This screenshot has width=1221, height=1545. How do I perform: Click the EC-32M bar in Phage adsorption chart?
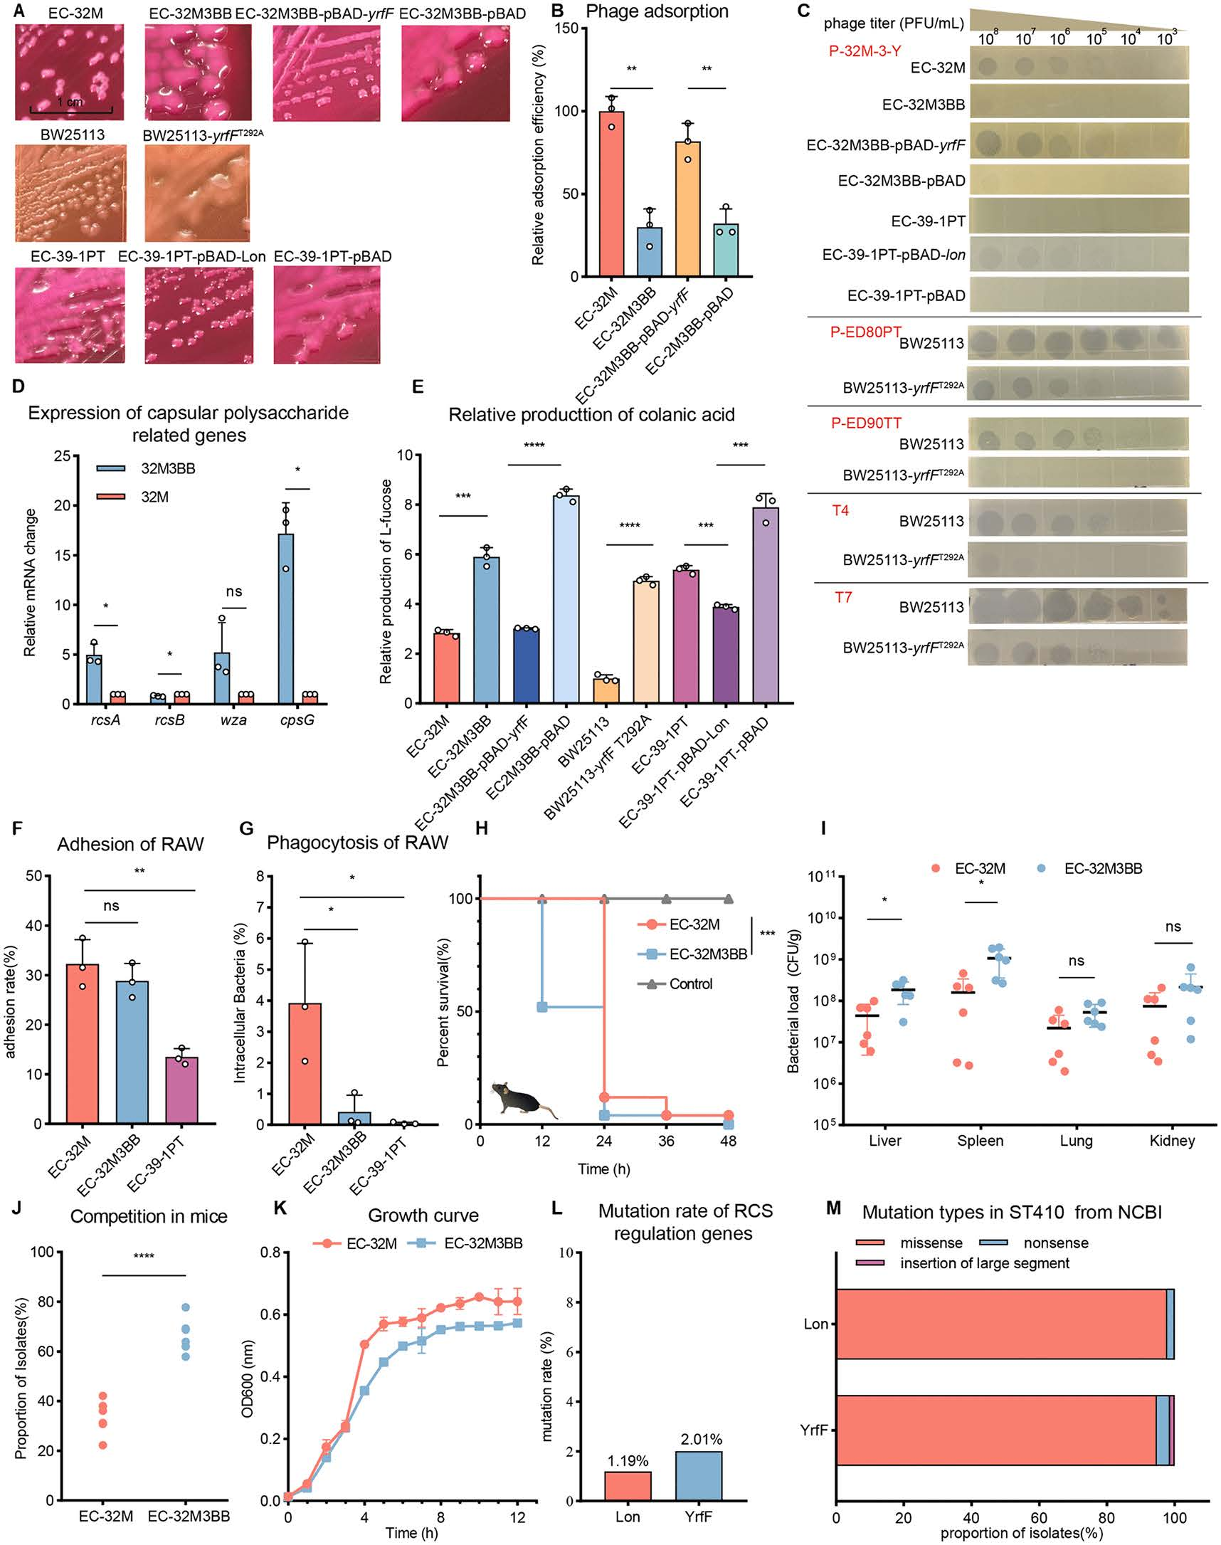[x=611, y=193]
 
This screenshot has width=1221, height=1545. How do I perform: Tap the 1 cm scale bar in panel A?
[x=70, y=110]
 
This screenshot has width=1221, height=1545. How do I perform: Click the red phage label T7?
[x=843, y=597]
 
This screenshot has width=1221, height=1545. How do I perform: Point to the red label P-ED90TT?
[x=866, y=423]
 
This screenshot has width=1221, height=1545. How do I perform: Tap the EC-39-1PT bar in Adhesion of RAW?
[x=181, y=1090]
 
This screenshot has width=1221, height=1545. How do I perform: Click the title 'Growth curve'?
[x=423, y=1216]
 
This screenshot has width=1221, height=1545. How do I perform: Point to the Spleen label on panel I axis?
[x=980, y=1141]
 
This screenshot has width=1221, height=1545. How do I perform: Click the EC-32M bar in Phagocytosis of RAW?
[x=305, y=1064]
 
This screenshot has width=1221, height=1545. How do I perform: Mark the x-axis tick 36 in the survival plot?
[x=665, y=1141]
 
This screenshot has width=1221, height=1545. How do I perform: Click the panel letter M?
[x=833, y=1208]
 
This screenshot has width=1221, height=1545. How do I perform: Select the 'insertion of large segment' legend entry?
[x=968, y=1263]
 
